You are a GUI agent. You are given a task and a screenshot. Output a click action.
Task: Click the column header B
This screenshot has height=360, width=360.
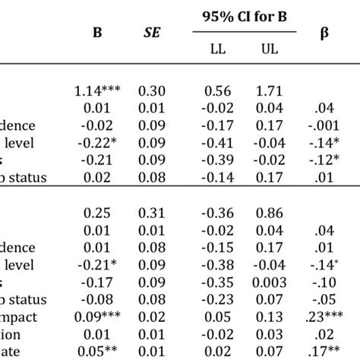click(97, 34)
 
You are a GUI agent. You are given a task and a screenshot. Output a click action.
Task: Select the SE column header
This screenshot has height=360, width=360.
click(152, 34)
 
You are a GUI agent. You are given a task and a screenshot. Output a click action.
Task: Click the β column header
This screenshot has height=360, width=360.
click(324, 34)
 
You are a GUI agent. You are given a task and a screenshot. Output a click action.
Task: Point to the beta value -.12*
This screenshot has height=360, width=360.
click(324, 161)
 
